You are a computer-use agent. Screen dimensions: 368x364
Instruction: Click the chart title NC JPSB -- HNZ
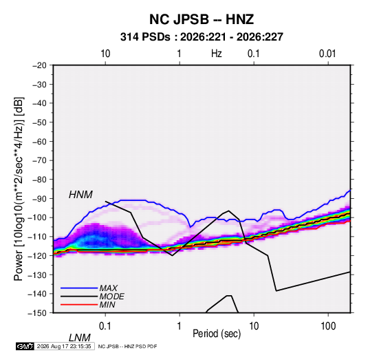point(202,19)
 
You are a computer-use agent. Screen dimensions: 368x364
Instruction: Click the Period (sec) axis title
point(217,334)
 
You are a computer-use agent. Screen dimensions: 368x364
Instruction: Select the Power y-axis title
point(19,189)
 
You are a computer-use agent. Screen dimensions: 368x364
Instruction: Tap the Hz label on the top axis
point(217,54)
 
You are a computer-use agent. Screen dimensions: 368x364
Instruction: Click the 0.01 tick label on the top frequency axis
point(327,54)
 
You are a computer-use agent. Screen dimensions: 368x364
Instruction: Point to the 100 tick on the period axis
point(328,326)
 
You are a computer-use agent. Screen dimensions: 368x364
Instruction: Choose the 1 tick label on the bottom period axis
point(180,326)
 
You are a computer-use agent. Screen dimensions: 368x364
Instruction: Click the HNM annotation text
point(80,195)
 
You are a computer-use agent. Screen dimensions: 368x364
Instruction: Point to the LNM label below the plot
point(80,338)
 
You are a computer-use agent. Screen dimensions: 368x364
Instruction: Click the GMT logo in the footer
point(25,346)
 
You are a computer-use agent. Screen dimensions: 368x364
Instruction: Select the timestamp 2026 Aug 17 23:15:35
point(64,346)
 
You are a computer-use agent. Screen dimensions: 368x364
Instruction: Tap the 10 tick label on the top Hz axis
point(105,54)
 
